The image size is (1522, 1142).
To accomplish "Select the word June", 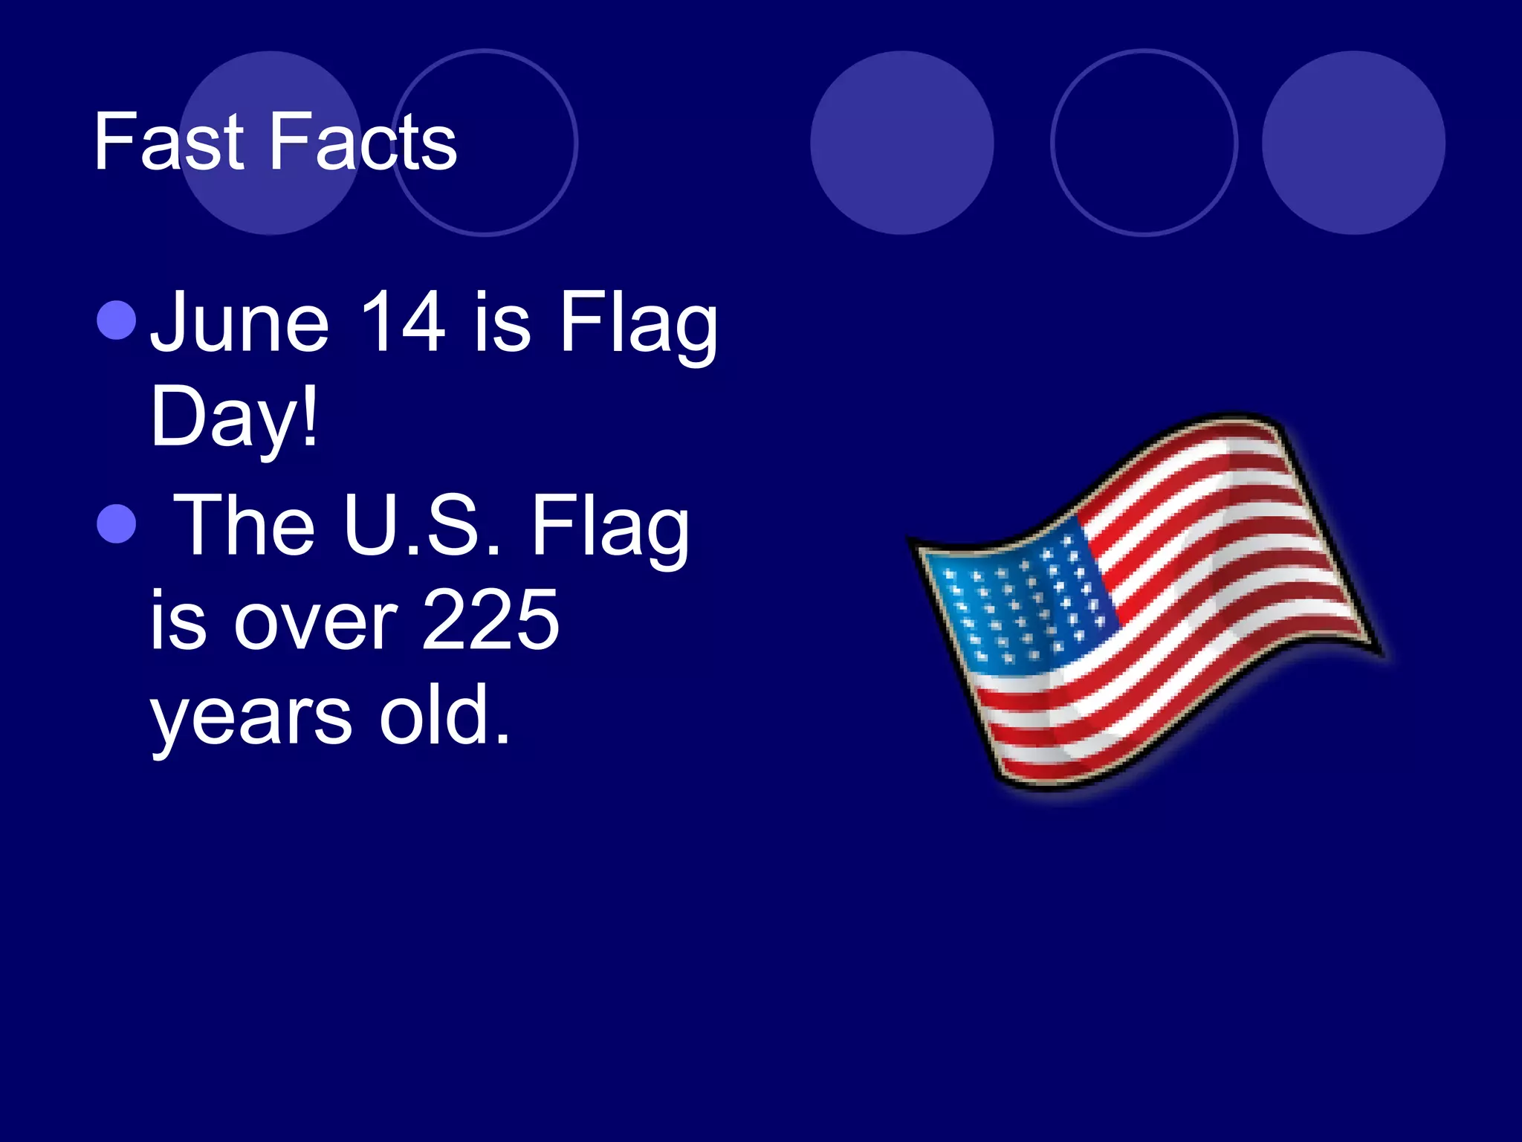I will click(239, 323).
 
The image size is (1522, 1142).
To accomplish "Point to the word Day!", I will click(235, 418).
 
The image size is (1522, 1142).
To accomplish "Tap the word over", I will click(317, 622).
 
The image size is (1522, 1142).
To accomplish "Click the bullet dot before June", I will click(117, 320).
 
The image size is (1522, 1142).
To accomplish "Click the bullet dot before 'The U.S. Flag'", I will click(117, 523).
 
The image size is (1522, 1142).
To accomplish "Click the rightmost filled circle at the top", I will click(1353, 143).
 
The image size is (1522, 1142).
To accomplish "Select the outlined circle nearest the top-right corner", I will click(1144, 143).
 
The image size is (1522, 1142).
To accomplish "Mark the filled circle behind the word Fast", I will click(271, 143).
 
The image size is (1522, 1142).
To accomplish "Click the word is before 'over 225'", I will click(178, 622).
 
